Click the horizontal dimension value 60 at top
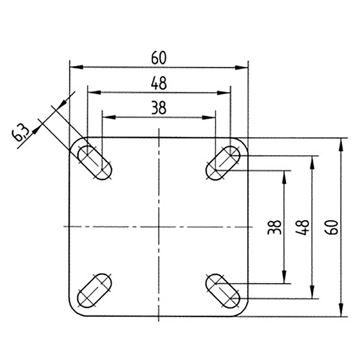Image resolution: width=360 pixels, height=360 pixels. click(x=159, y=59)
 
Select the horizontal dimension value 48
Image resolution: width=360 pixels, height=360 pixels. click(x=159, y=84)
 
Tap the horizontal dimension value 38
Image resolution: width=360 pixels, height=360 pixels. click(x=159, y=108)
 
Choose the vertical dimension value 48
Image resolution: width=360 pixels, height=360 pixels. click(x=304, y=227)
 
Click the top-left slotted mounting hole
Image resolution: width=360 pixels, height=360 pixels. click(x=94, y=163)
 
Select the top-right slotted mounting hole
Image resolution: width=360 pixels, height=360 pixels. click(x=223, y=163)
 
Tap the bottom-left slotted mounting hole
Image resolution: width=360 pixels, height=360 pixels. click(x=94, y=291)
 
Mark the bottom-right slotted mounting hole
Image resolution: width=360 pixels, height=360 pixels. click(x=223, y=291)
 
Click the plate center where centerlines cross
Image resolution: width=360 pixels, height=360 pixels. click(x=159, y=227)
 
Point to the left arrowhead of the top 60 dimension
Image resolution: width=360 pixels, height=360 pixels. click(x=75, y=67)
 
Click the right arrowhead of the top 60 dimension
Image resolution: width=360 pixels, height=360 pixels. click(x=242, y=67)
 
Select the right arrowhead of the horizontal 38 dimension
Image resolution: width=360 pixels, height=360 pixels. click(x=210, y=117)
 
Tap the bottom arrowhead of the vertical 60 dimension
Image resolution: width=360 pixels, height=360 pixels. click(x=341, y=310)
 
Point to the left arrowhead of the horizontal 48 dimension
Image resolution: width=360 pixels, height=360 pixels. click(x=93, y=92)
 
